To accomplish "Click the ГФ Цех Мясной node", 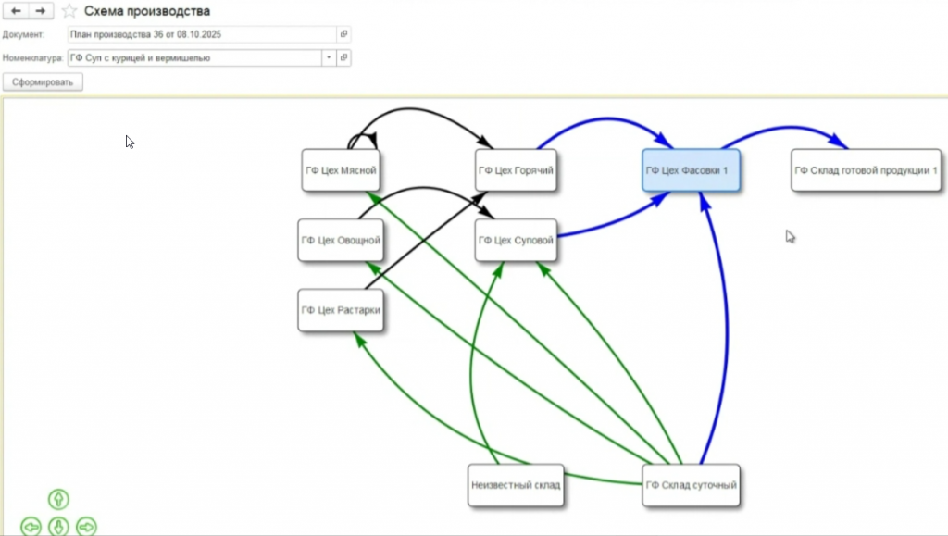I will (340, 170).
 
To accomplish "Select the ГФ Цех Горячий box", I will (516, 170).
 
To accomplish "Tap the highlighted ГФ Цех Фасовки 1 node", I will (691, 170).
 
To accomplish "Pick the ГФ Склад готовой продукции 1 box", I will (866, 170).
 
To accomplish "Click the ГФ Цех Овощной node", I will (340, 241).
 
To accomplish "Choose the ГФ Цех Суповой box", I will (516, 241).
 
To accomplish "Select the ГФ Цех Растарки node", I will (340, 310).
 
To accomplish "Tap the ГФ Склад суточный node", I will (691, 484).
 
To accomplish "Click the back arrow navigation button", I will (17, 11).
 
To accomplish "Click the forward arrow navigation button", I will (40, 11).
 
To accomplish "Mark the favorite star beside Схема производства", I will (69, 11).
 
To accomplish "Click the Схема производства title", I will (147, 11).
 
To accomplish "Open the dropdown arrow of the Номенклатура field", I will (328, 57).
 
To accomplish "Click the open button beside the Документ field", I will (343, 34).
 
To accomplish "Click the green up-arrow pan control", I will (58, 500).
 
